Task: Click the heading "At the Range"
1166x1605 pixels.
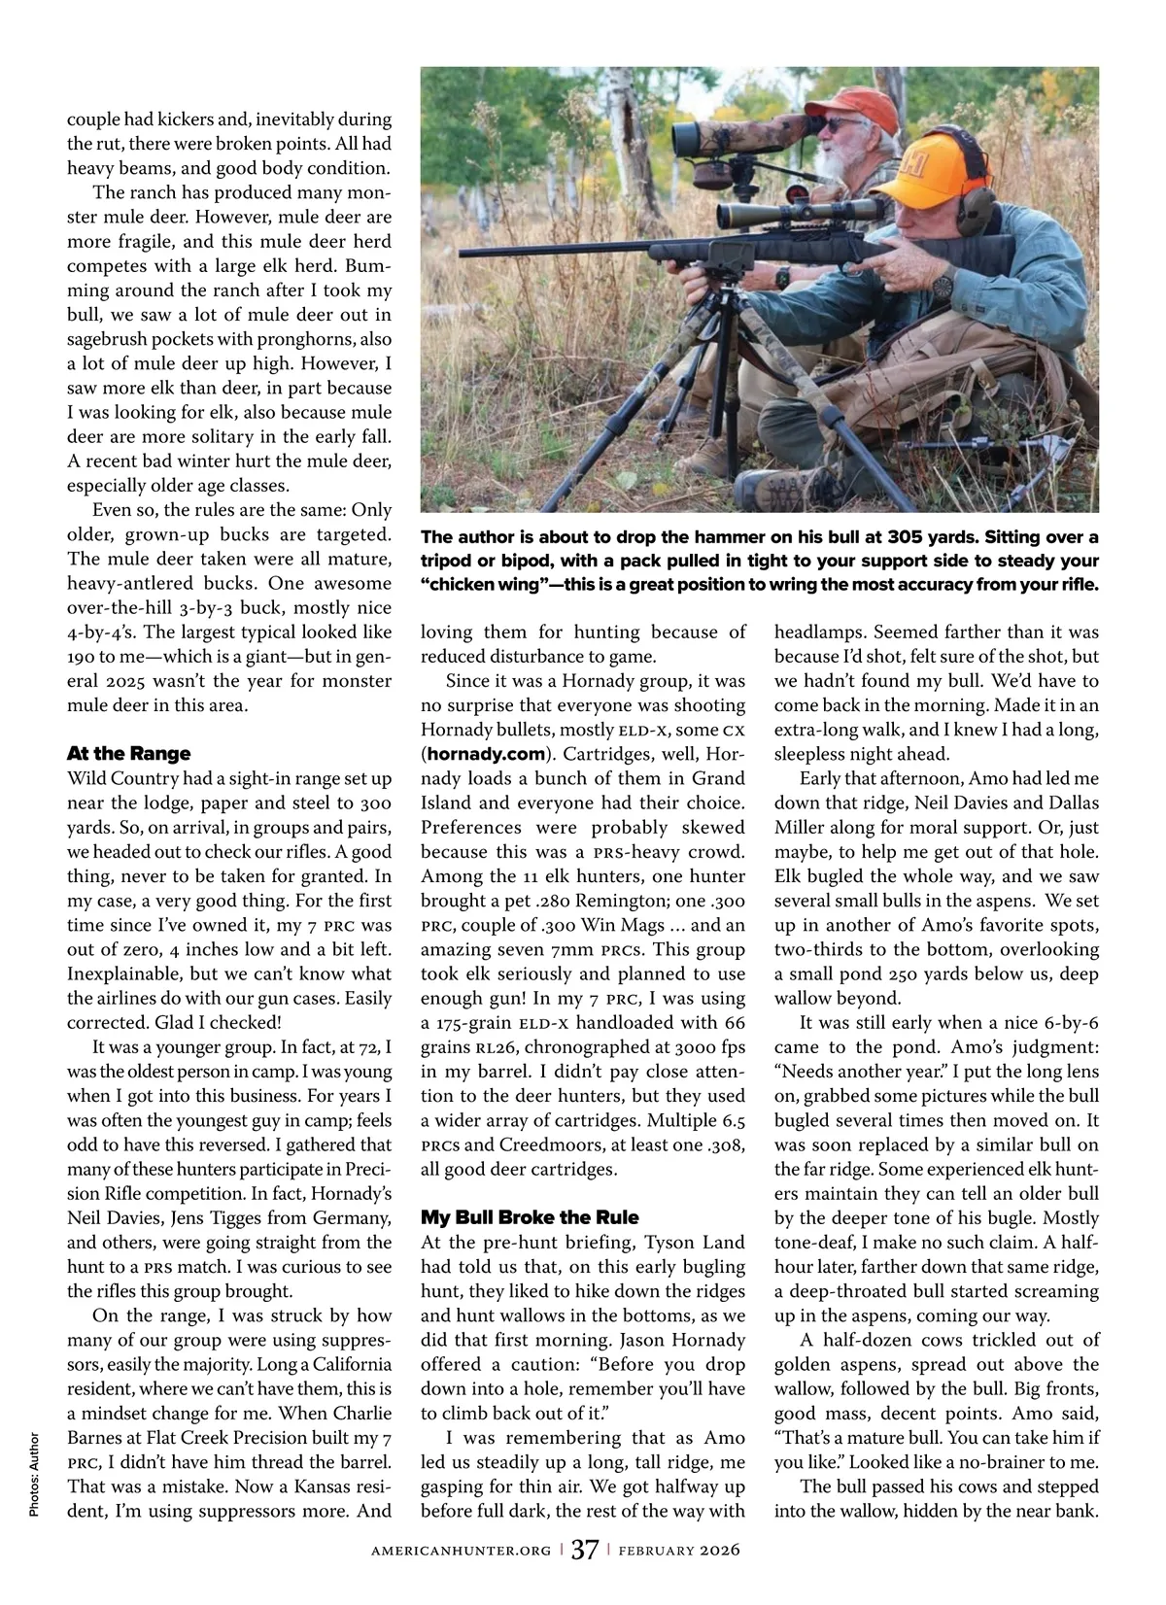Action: point(128,753)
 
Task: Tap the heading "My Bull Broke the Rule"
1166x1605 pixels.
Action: point(530,1216)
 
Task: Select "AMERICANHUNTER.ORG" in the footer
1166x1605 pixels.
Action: point(461,1550)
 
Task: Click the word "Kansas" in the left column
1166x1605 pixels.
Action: point(293,1486)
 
